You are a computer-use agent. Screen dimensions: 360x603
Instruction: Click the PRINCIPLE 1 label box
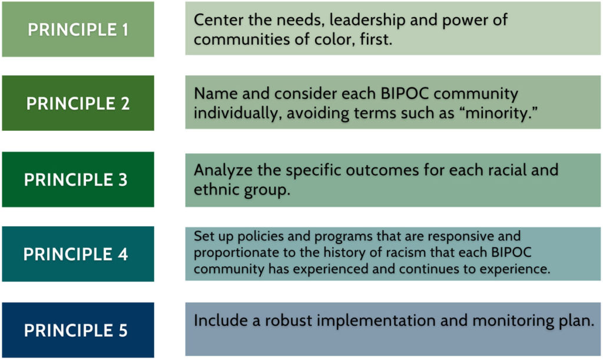pyautogui.click(x=78, y=29)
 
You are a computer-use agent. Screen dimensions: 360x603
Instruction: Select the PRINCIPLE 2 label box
pyautogui.click(x=78, y=103)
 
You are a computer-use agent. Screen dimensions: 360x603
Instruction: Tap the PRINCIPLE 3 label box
pyautogui.click(x=78, y=180)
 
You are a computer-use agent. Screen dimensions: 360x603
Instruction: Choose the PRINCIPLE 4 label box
pyautogui.click(x=78, y=254)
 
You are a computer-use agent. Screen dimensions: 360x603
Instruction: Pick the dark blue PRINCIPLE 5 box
pyautogui.click(x=78, y=330)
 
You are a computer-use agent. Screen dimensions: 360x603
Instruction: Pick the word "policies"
pyautogui.click(x=254, y=237)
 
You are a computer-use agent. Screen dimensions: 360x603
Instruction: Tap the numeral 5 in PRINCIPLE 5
pyautogui.click(x=122, y=330)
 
